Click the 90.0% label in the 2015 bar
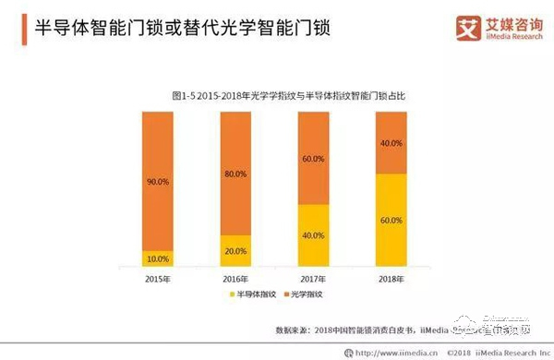click(157, 183)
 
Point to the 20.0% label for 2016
click(235, 251)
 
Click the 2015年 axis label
click(157, 277)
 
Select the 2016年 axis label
click(236, 277)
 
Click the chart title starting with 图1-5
click(276, 94)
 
